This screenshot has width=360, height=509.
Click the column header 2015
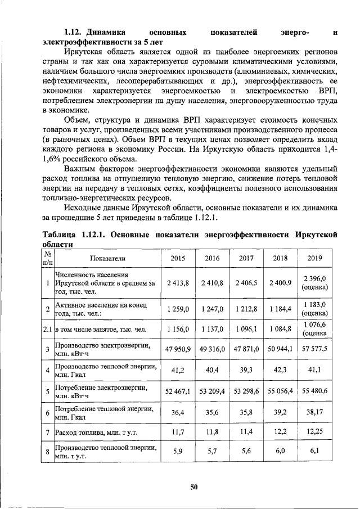point(177,258)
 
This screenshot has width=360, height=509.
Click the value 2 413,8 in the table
point(177,282)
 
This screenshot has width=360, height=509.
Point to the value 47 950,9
point(177,349)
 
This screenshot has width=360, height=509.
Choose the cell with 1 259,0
point(177,309)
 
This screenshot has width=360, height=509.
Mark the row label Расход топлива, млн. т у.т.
point(96,433)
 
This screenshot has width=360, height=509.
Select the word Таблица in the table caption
point(61,235)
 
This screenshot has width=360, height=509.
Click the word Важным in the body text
point(82,168)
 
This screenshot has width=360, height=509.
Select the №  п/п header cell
point(47,258)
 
